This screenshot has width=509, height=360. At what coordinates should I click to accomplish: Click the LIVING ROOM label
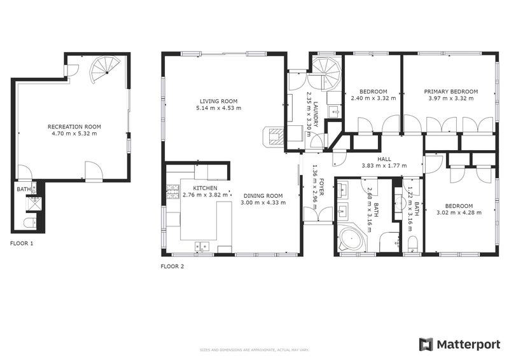tap(218, 101)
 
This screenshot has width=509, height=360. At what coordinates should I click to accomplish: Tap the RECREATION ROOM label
tap(74, 127)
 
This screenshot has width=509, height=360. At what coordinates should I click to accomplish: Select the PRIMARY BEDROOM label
tap(450, 92)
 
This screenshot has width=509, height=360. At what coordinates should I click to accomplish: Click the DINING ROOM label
tap(261, 196)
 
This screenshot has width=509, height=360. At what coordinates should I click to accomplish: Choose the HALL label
tap(384, 160)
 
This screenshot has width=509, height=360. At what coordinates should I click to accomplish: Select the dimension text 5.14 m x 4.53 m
tap(218, 108)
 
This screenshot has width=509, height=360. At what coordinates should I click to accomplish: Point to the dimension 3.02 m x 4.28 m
tap(458, 213)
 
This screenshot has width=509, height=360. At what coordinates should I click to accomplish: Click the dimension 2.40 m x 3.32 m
tap(373, 99)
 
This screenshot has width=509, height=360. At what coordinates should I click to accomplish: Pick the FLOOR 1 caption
tap(22, 244)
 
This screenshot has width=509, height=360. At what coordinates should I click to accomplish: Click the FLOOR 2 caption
tap(172, 267)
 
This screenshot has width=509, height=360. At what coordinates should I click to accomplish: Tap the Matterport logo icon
tap(426, 344)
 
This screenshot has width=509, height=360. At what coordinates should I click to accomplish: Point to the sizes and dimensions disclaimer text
tap(254, 349)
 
